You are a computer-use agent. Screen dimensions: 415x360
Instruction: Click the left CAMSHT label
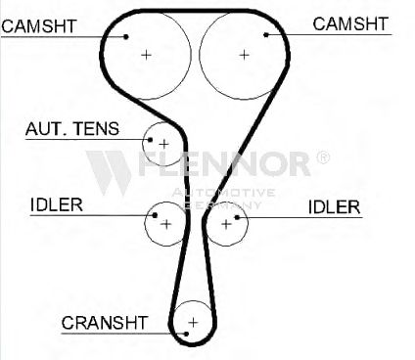pyautogui.click(x=39, y=26)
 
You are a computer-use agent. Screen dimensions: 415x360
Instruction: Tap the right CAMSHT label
pyautogui.click(x=350, y=24)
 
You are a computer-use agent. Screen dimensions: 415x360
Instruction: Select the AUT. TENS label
pyautogui.click(x=72, y=129)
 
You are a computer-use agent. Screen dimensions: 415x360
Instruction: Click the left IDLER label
pyautogui.click(x=57, y=204)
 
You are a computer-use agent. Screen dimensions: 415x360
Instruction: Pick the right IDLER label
pyautogui.click(x=334, y=207)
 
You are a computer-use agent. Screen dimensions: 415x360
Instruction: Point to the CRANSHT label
pyautogui.click(x=105, y=323)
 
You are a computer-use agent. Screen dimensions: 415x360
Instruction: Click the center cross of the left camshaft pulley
pyautogui.click(x=146, y=55)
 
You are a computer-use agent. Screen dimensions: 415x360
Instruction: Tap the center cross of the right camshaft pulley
pyautogui.click(x=244, y=55)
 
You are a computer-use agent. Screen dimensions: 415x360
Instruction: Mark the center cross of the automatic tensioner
pyautogui.click(x=163, y=144)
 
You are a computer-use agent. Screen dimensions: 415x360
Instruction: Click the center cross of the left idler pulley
pyautogui.click(x=166, y=224)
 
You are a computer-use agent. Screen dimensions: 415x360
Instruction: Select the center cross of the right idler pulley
pyautogui.click(x=226, y=224)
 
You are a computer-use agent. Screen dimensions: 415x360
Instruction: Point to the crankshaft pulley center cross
pyautogui.click(x=193, y=323)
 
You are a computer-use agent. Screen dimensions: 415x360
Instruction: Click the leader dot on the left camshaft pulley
pyautogui.click(x=126, y=36)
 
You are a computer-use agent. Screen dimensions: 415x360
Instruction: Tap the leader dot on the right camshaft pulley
pyautogui.click(x=266, y=34)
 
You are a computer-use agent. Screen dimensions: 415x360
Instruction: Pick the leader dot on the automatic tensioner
pyautogui.click(x=150, y=140)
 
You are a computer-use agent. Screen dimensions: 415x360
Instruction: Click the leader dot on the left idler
pyautogui.click(x=155, y=215)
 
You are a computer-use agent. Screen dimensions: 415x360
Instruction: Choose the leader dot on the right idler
pyautogui.click(x=237, y=217)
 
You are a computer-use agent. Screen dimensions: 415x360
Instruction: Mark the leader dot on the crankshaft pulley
pyautogui.click(x=186, y=334)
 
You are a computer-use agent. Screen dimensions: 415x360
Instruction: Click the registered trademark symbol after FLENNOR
pyautogui.click(x=323, y=157)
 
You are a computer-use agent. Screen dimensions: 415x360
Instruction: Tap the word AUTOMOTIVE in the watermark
pyautogui.click(x=223, y=193)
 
